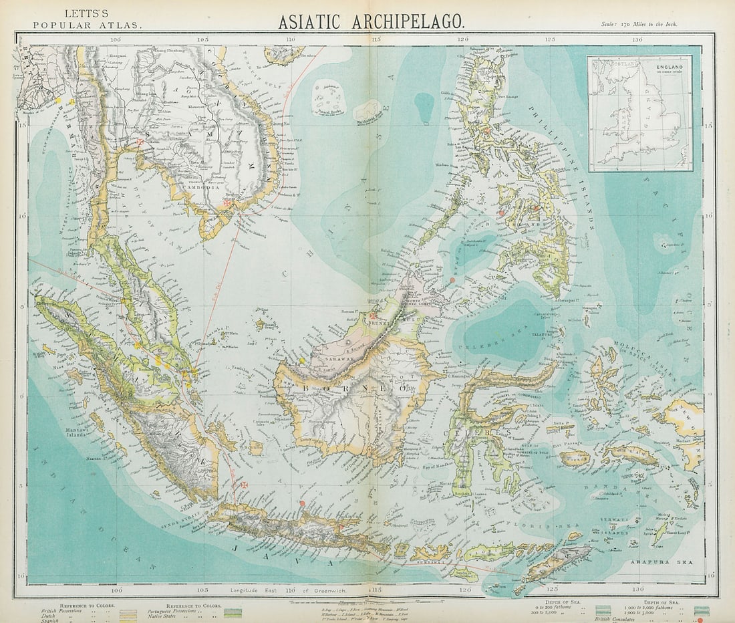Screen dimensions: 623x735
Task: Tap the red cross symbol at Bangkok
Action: click(x=140, y=142)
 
